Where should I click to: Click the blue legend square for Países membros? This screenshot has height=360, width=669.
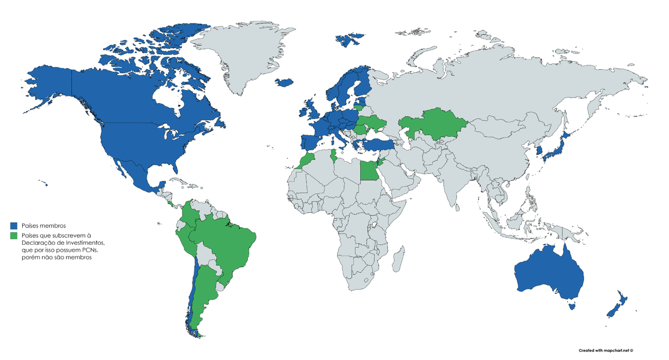click(x=14, y=225)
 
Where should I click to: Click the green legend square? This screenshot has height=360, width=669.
click(x=14, y=236)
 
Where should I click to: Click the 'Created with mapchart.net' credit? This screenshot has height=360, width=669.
click(x=605, y=351)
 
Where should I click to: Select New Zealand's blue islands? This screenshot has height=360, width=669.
click(x=617, y=305)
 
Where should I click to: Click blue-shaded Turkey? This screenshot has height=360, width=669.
click(x=381, y=144)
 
